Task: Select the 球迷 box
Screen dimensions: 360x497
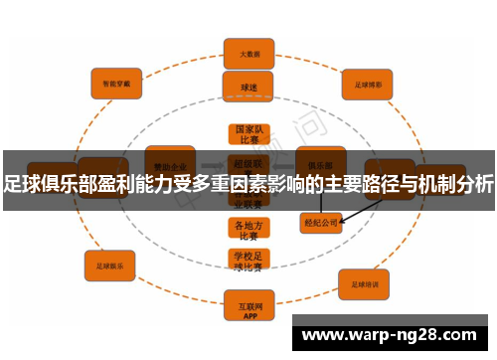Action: [x=248, y=87]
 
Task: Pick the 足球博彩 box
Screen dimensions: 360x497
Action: [x=369, y=84]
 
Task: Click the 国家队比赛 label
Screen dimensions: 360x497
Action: [x=248, y=134]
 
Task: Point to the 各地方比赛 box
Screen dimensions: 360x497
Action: [x=248, y=229]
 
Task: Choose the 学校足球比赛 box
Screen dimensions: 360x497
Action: [x=248, y=261]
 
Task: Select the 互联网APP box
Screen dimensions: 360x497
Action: [x=248, y=304]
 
